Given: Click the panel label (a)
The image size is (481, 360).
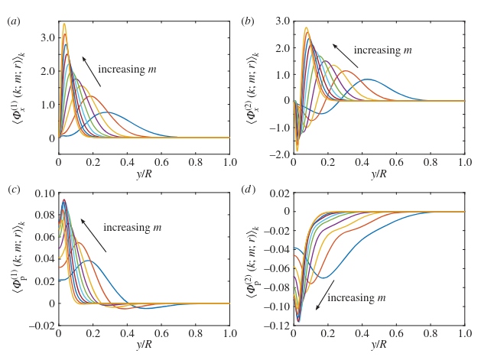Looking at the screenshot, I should [x=13, y=21].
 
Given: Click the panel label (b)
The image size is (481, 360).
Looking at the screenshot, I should [x=248, y=21].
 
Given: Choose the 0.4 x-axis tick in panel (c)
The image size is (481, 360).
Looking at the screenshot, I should [x=127, y=333].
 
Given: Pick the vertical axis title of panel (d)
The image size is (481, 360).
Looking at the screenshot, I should [x=252, y=259].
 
